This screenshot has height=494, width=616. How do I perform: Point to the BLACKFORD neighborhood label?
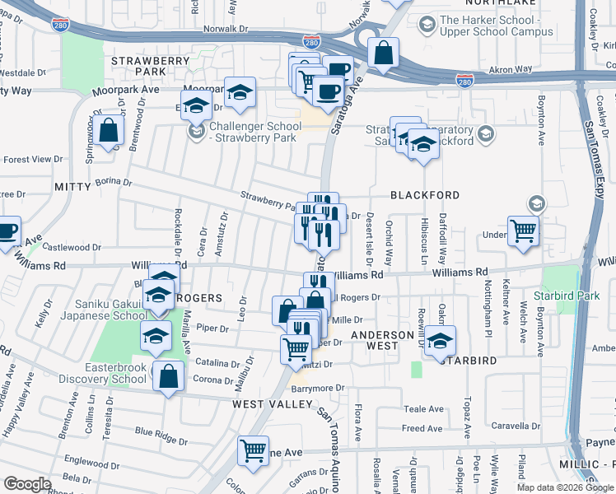[425, 195]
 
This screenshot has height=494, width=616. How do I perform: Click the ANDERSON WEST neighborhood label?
[382, 342]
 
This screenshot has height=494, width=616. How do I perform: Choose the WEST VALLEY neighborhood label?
[273, 404]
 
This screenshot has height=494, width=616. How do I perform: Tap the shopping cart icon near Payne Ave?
[253, 450]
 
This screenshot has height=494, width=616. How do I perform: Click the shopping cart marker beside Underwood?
[523, 231]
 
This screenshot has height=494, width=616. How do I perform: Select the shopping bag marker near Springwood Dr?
[108, 129]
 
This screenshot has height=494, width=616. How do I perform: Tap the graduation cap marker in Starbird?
[440, 339]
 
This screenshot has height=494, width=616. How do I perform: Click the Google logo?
[28, 484]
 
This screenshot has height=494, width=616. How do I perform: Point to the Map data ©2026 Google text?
[564, 487]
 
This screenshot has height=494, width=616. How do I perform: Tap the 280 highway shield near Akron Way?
[464, 80]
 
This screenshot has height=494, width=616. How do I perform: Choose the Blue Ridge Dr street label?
[156, 431]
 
